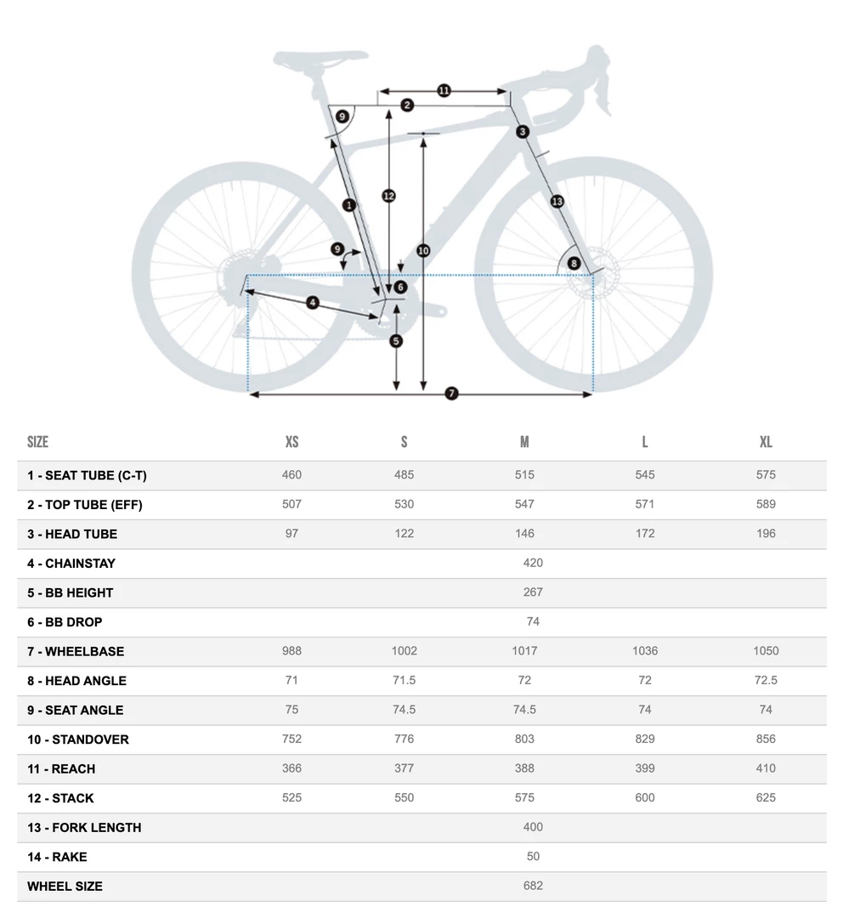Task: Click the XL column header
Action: tap(766, 442)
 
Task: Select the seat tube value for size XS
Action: tap(291, 474)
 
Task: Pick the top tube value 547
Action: tap(524, 504)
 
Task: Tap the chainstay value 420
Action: tap(533, 563)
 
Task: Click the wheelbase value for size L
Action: tap(645, 651)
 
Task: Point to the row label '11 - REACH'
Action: tap(61, 769)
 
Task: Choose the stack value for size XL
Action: tap(766, 798)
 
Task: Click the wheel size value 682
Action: tap(533, 886)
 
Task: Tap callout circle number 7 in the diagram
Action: tap(451, 394)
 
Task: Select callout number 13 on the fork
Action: tap(557, 201)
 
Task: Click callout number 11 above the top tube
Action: tap(444, 91)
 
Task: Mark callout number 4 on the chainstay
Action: tap(313, 303)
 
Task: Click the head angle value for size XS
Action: tap(291, 680)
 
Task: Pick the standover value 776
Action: tap(404, 739)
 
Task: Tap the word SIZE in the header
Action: tap(37, 442)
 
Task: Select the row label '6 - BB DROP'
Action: tap(65, 622)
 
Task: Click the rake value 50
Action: tap(533, 857)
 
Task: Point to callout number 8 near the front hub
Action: tap(574, 263)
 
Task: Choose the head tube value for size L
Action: tap(645, 534)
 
